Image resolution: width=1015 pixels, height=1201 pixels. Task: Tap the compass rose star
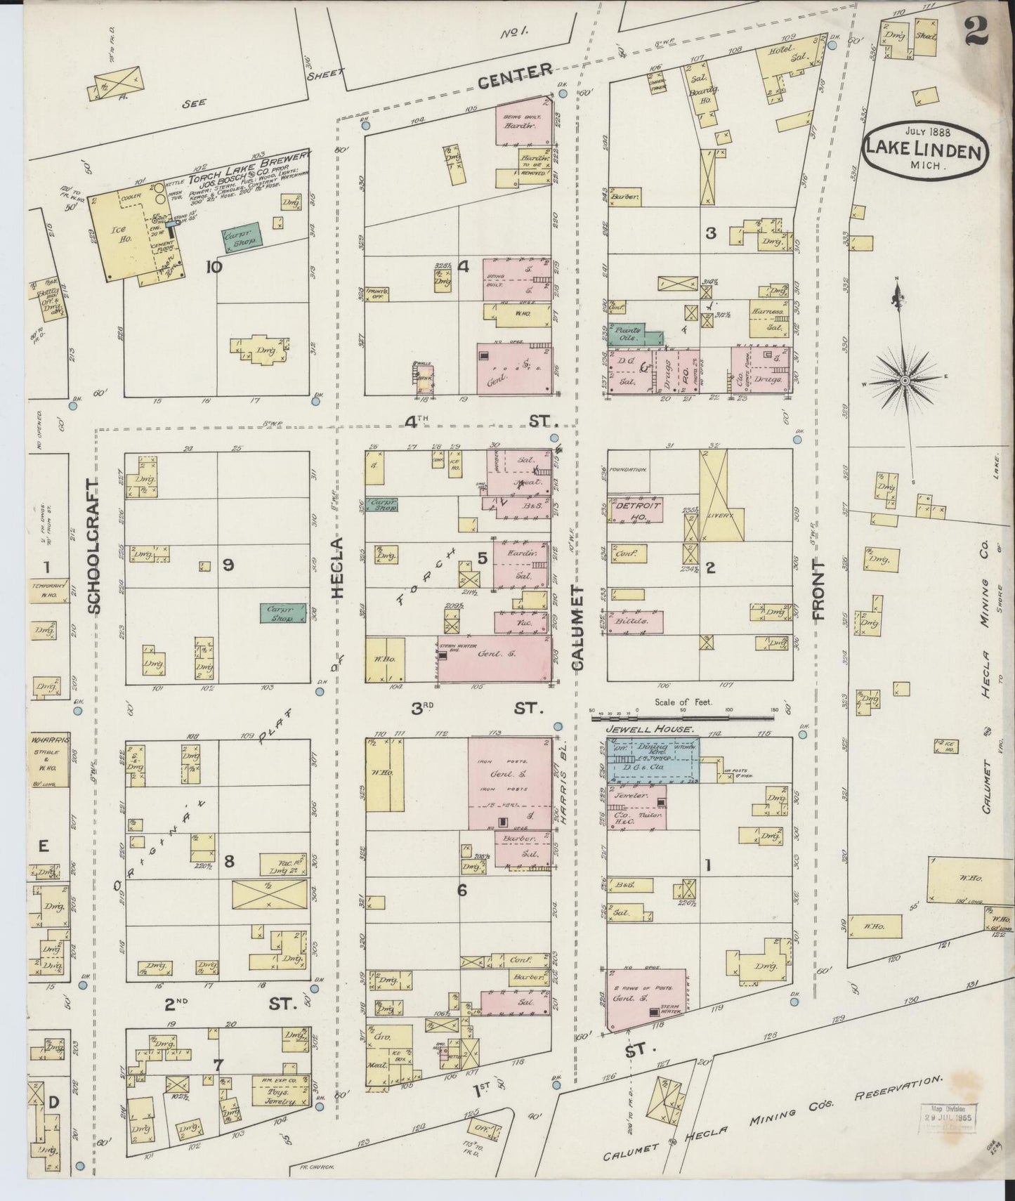(x=905, y=380)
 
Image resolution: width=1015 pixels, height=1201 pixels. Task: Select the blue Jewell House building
(x=653, y=759)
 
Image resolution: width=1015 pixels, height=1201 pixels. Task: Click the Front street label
(x=818, y=590)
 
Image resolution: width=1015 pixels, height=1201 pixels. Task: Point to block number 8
(x=228, y=860)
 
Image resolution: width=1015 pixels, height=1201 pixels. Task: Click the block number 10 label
(x=213, y=266)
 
